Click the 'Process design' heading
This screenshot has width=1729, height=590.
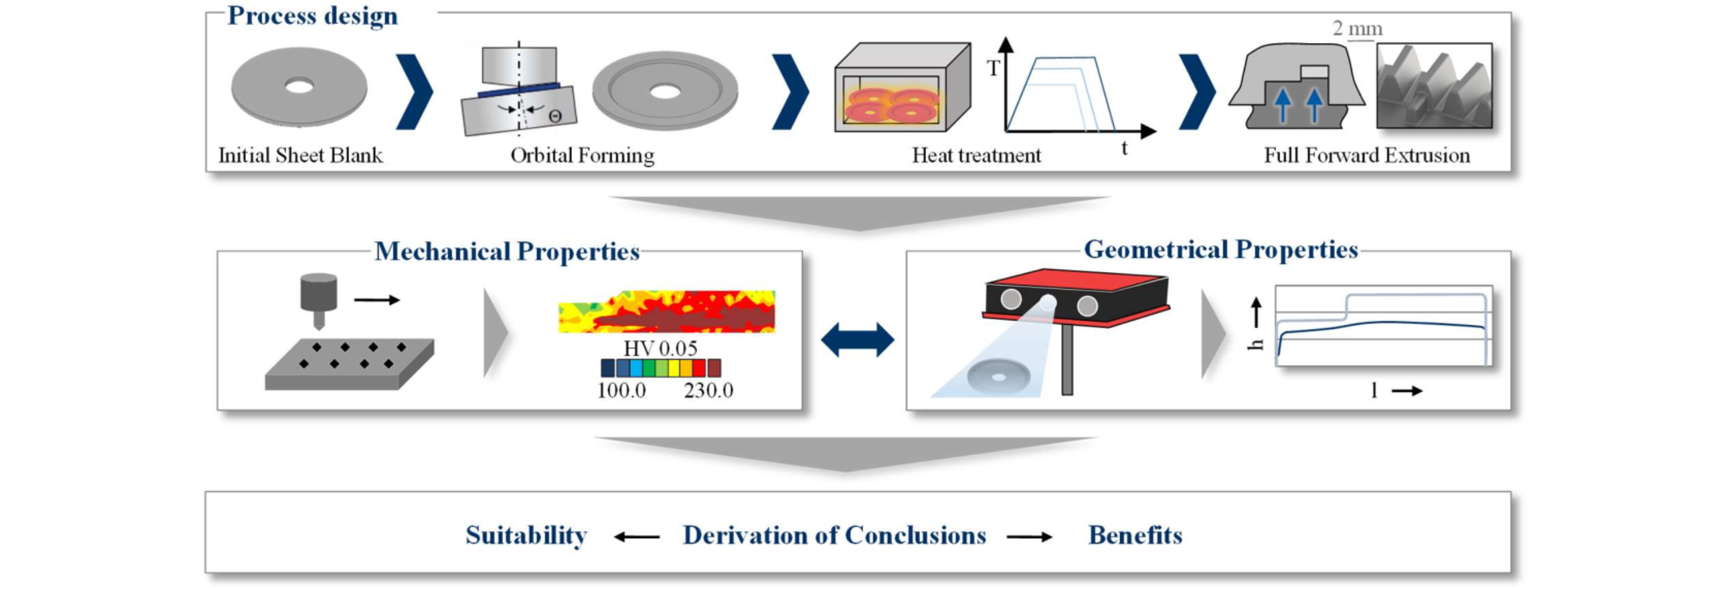[312, 16]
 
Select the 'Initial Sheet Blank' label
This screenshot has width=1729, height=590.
[300, 155]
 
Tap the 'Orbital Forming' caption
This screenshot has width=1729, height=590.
[582, 155]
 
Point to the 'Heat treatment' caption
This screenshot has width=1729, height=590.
[976, 155]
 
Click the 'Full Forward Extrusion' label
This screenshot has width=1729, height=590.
[1366, 155]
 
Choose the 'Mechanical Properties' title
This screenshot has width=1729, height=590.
[507, 251]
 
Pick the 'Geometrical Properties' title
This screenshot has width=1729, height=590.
[1220, 250]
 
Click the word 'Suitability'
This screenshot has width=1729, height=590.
[526, 535]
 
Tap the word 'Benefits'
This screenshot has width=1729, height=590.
[1135, 535]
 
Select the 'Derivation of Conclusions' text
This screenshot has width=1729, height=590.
[834, 535]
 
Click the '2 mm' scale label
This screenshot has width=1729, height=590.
[1357, 29]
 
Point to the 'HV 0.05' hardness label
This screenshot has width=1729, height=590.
[660, 348]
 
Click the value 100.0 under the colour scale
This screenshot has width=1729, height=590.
[622, 390]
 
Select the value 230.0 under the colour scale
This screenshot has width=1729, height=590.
[708, 390]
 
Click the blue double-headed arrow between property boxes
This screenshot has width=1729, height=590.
[857, 339]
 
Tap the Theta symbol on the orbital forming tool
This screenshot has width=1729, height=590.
[555, 117]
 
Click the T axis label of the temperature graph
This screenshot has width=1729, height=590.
[992, 69]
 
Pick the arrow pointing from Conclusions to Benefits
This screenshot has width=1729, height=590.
[1029, 537]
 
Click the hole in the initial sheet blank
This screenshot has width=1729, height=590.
[300, 86]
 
